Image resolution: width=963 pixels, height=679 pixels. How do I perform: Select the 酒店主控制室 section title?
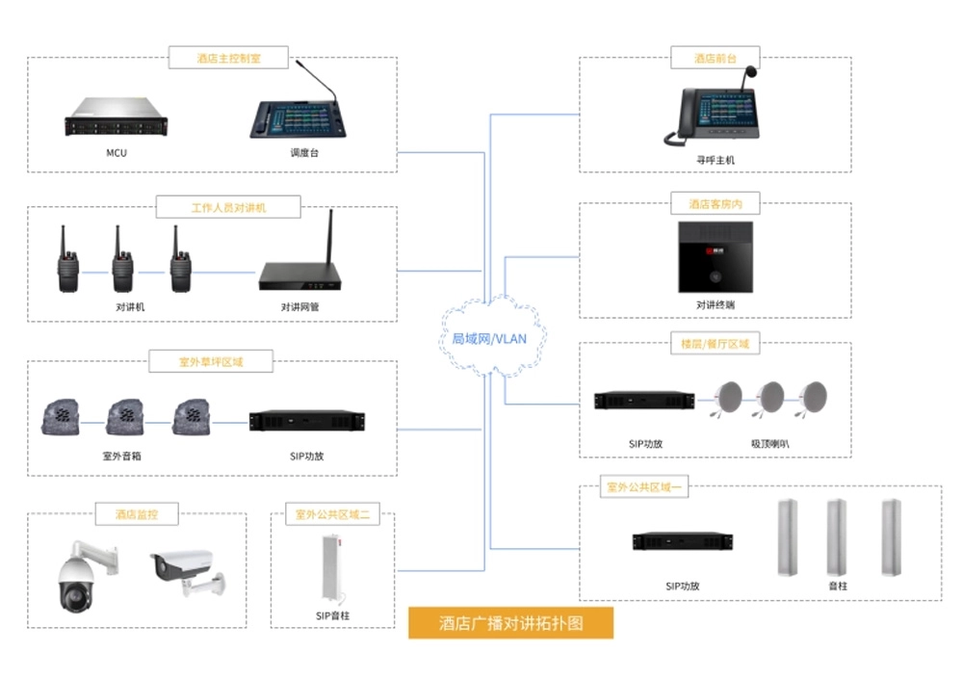[x=228, y=58]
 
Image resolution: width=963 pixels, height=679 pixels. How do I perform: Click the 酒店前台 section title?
[x=716, y=58]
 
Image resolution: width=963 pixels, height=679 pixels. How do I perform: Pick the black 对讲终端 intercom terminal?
[x=715, y=257]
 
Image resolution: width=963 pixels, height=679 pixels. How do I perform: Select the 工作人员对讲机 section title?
[x=228, y=206]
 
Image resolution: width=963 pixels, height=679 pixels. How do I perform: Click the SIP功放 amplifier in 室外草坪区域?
[x=307, y=421]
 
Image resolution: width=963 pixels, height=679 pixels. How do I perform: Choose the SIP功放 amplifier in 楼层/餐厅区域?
[x=644, y=400]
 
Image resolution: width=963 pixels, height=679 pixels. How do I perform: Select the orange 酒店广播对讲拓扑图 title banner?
[x=510, y=623]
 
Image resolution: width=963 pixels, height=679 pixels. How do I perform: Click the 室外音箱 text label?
[x=121, y=457]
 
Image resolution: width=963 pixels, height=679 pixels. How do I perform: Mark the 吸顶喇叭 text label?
[x=770, y=444]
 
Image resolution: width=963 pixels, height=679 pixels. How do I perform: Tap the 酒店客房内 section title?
[x=716, y=204]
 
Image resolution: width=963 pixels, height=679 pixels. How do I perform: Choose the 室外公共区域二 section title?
[x=332, y=515]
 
